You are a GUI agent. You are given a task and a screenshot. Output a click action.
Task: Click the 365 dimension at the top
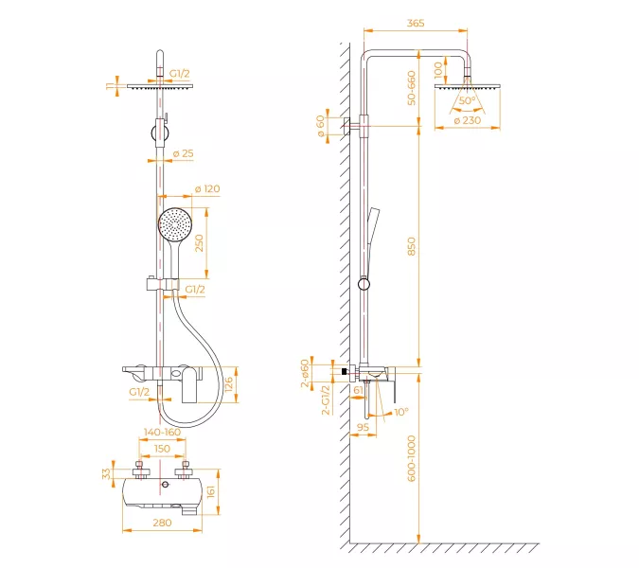tap(416, 24)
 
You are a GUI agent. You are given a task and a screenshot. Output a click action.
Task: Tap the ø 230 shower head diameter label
tap(467, 120)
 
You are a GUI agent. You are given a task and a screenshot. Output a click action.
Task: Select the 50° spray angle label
tap(467, 100)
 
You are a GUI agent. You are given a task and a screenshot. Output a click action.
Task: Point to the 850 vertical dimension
tap(412, 246)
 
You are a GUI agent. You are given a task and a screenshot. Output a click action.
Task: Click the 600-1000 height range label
tap(412, 458)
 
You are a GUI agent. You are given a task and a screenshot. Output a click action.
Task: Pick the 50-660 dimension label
tap(412, 88)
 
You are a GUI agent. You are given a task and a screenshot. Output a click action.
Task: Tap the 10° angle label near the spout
tap(401, 413)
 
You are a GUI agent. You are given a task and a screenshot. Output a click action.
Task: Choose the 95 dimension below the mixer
tap(363, 427)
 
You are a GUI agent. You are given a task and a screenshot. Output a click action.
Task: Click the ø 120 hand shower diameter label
tap(207, 189)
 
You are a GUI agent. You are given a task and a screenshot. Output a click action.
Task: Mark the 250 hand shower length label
tap(199, 243)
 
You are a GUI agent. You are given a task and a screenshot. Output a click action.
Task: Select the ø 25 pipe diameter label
tap(183, 153)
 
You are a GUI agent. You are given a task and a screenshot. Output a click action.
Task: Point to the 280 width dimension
tap(162, 523)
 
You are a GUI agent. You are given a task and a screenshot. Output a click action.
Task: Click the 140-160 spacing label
tap(162, 432)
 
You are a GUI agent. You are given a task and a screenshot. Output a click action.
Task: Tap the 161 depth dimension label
tap(211, 492)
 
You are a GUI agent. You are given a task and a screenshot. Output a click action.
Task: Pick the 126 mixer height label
tap(228, 384)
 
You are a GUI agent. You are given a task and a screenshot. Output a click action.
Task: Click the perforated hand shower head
tap(175, 224)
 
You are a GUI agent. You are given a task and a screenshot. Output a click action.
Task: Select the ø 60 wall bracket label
tap(321, 126)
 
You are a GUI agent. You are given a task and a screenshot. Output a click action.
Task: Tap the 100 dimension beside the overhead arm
tap(438, 70)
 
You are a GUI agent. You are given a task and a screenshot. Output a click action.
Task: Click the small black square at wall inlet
tap(345, 371)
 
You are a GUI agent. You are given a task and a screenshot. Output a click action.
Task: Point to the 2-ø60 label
tap(305, 373)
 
